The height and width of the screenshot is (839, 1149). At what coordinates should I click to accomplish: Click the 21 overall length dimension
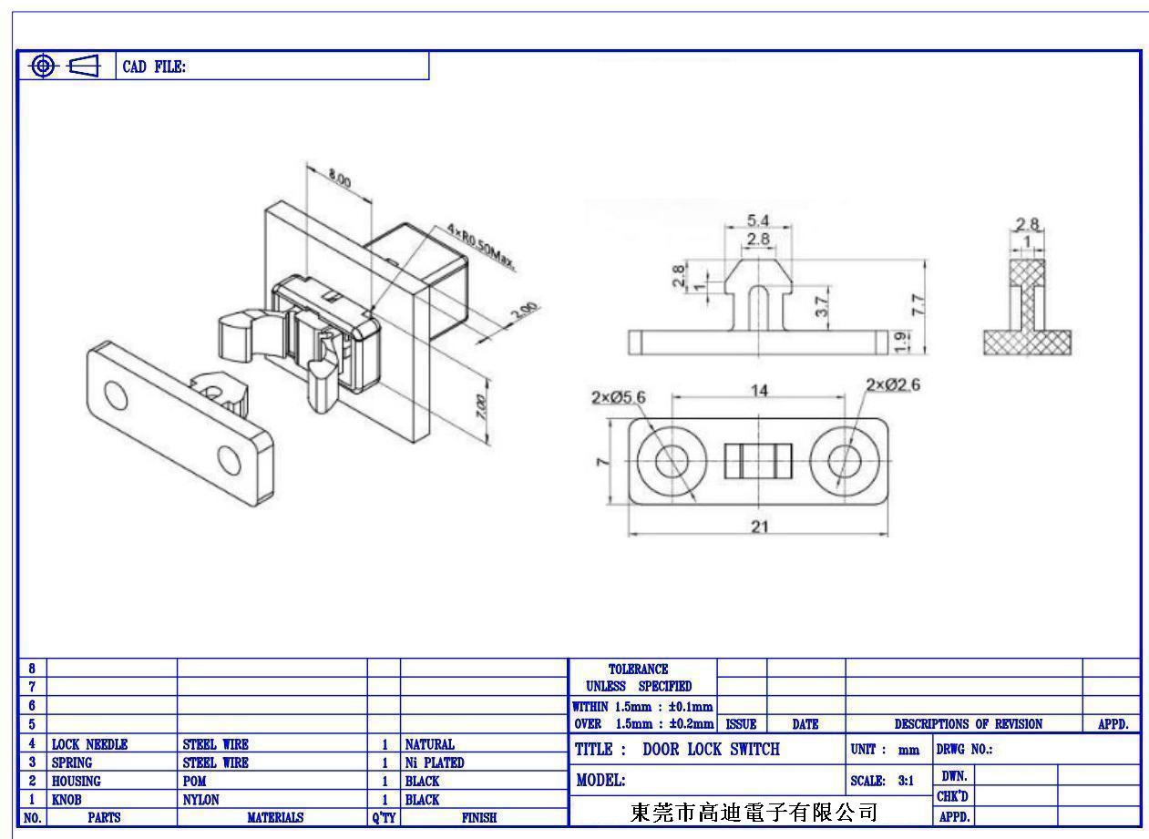tap(760, 527)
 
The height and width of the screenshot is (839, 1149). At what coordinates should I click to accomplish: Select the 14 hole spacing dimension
tap(759, 391)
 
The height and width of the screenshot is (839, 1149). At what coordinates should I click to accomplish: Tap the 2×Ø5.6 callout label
tap(618, 397)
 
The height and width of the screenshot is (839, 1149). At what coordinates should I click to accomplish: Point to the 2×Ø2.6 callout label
tap(893, 384)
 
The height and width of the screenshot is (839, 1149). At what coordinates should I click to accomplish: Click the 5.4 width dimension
tap(758, 220)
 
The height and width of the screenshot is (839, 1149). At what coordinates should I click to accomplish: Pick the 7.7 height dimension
tap(918, 304)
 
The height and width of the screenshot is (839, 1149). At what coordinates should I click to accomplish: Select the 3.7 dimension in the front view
tap(822, 307)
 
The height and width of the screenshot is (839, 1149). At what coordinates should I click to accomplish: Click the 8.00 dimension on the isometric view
tap(340, 178)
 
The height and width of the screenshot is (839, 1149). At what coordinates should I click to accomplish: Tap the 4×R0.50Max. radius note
tap(480, 247)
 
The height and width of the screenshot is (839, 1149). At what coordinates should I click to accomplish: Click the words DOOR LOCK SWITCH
tap(711, 749)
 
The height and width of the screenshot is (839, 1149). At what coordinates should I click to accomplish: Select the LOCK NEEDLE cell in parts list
tap(90, 744)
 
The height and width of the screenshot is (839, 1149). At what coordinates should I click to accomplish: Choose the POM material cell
tap(194, 781)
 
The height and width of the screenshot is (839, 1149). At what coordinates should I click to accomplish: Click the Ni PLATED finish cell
tap(435, 762)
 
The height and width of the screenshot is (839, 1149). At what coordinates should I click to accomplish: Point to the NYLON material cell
tap(201, 800)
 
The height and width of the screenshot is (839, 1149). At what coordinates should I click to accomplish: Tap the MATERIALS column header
tap(275, 817)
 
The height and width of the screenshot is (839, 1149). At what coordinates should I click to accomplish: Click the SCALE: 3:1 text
tap(882, 781)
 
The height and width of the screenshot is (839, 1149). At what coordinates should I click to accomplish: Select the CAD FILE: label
tap(154, 67)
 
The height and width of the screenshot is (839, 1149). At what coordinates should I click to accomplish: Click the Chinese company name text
tap(754, 813)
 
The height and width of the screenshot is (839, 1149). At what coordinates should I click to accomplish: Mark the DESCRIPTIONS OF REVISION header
tap(969, 724)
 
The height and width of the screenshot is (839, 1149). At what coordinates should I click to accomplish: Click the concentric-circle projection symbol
tap(43, 66)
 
